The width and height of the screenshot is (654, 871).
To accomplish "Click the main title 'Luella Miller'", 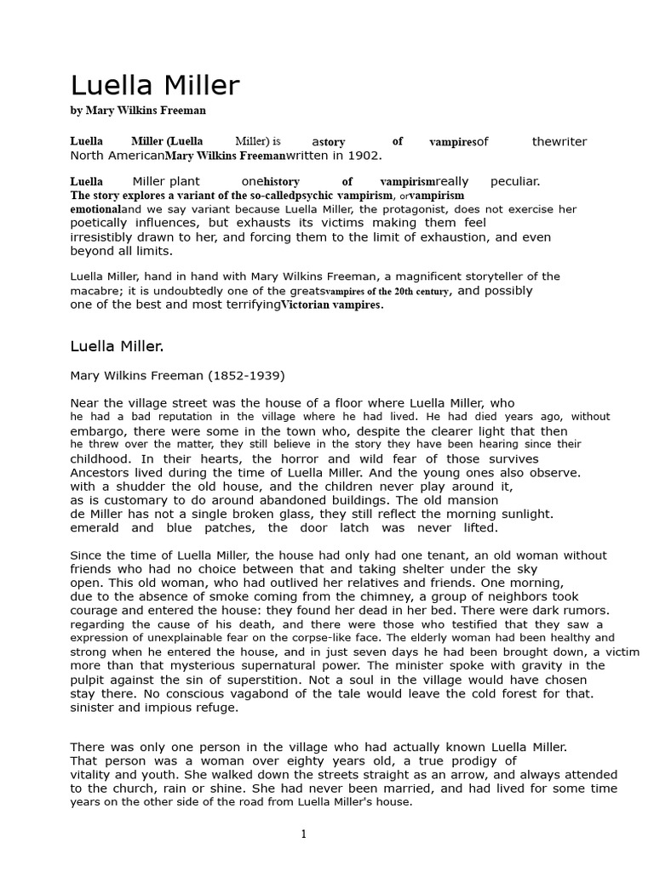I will click(154, 86).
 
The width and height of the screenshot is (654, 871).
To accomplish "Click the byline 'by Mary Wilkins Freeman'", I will click(138, 111).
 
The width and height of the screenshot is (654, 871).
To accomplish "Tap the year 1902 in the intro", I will click(364, 156).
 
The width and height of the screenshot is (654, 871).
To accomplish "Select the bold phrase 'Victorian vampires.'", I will click(332, 305).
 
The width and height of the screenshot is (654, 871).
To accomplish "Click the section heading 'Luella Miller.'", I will click(116, 346).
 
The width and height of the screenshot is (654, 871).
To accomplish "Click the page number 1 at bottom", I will click(303, 834).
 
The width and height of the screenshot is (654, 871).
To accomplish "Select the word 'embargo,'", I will click(95, 431).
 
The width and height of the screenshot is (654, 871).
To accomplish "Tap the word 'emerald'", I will click(95, 527).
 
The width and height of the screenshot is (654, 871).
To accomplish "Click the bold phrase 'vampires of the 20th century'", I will click(387, 291).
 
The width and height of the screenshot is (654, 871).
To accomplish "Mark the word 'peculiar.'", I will click(515, 181).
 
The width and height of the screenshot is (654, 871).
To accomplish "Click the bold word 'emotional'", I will click(95, 208).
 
